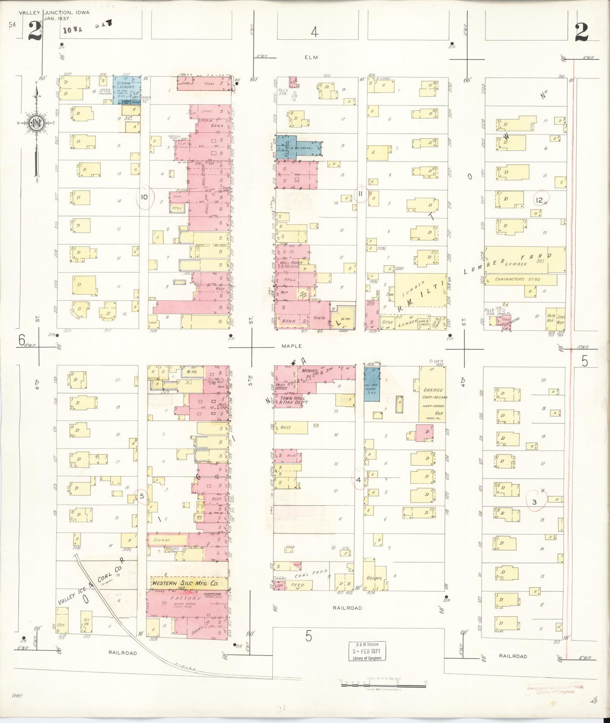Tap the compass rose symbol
[x=36, y=123]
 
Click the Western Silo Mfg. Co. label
[x=185, y=584]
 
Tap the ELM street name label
[x=312, y=57]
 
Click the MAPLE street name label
[x=292, y=346]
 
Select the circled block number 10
[x=144, y=196]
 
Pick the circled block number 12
[x=539, y=200]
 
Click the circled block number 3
[x=534, y=502]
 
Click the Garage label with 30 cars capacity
[x=433, y=390]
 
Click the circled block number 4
[x=358, y=480]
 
